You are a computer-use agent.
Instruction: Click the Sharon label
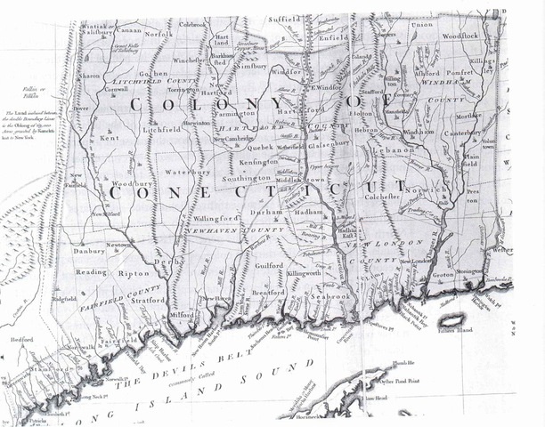click(x=91, y=77)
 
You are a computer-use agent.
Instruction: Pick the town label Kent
click(x=110, y=139)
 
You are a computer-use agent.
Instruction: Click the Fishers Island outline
click(x=453, y=318)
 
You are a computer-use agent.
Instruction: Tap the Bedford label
click(x=22, y=340)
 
